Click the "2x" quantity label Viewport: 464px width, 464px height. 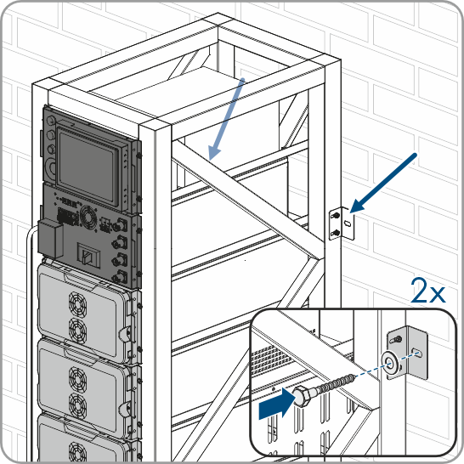[428, 291]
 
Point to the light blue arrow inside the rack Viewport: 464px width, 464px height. [226, 119]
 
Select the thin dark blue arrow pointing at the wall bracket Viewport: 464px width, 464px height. [383, 183]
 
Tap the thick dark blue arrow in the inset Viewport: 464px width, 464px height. [277, 404]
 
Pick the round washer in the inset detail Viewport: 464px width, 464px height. [390, 365]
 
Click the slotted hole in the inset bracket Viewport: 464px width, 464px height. [418, 353]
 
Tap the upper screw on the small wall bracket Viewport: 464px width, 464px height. [336, 216]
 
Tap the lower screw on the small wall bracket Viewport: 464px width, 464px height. [335, 233]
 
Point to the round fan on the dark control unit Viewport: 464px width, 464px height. [88, 218]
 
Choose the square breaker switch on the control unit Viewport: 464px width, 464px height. [87, 255]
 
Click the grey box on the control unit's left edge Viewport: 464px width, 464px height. [51, 239]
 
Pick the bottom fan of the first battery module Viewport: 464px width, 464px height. [78, 331]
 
